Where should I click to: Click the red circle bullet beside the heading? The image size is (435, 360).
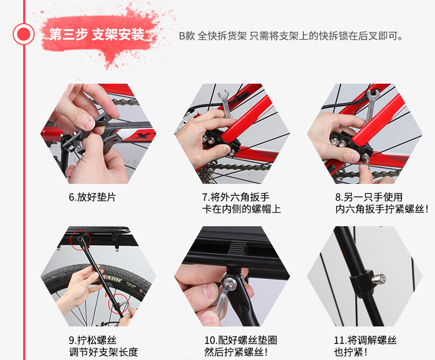point(24,34)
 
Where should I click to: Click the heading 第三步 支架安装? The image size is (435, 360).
point(97,35)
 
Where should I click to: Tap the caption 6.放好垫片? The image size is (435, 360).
point(93,197)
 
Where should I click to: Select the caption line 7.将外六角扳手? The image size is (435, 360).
point(236,197)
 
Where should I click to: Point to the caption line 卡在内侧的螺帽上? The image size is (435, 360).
point(242,209)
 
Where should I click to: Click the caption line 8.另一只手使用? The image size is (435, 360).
point(369,197)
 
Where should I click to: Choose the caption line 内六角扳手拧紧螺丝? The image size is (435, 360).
point(382,209)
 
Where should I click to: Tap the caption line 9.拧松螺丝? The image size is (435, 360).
point(93,340)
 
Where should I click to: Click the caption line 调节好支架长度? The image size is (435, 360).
point(104,352)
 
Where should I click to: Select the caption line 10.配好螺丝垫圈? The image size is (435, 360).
point(241,340)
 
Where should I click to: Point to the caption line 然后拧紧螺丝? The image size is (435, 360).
point(236,352)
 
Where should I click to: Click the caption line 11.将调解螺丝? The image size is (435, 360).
point(365,340)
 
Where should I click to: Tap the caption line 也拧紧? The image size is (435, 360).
point(351,352)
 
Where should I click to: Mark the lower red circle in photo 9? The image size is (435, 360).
point(118,304)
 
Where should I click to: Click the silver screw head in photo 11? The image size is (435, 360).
point(378,279)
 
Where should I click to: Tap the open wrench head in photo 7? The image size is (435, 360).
point(223,96)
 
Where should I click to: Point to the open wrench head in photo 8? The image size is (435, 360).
point(373,95)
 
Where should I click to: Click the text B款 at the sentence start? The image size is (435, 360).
point(187,36)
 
